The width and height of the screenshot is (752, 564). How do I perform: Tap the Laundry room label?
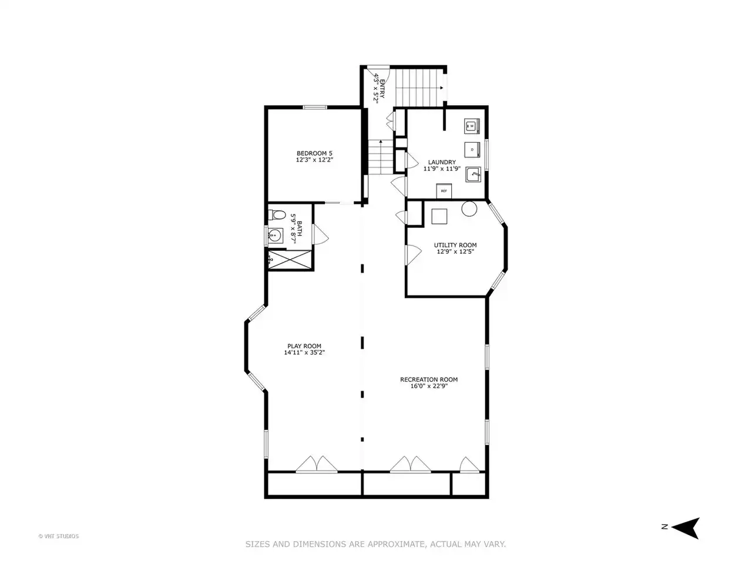442,162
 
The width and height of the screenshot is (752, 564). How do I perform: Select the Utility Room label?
455,245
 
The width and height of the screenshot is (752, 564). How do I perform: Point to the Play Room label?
304,346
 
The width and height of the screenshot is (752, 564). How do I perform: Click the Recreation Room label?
429,380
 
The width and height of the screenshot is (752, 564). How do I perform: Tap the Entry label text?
382,89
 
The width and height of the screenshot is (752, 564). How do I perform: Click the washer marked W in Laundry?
472,126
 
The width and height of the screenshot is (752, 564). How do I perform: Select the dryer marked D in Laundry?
472,150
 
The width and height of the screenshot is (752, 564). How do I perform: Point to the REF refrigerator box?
444,191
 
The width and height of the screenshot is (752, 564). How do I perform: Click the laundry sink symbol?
473,174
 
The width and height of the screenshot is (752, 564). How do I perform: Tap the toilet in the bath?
277,214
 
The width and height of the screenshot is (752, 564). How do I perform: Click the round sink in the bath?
275,235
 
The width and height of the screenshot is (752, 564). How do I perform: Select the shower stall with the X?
290,260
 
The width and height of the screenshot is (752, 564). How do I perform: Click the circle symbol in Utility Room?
469,208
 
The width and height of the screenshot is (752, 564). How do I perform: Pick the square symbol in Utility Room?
439,216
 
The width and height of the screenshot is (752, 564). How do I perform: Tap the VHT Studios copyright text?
59,536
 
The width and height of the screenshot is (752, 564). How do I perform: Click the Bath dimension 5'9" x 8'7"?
293,229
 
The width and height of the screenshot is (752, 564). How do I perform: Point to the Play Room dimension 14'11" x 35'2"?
304,352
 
